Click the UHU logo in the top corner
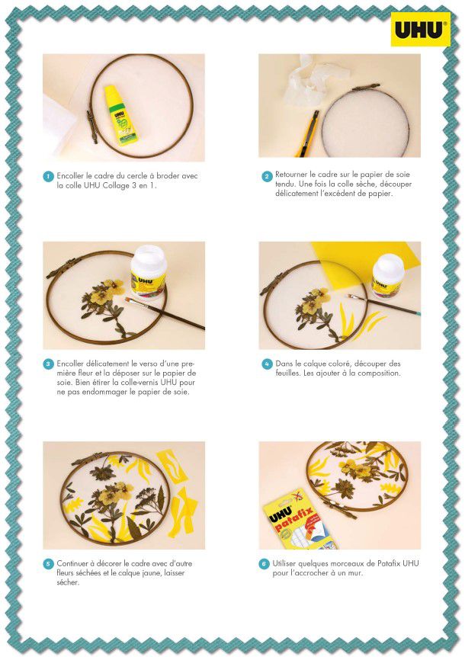point(420,29)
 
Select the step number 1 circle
point(49,176)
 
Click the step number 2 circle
point(267,176)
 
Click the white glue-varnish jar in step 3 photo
point(149,272)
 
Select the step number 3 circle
point(49,364)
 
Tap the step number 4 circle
point(267,364)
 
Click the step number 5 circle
point(49,564)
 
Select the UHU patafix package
point(297,520)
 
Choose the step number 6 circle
point(264,564)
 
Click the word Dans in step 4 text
point(284,364)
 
